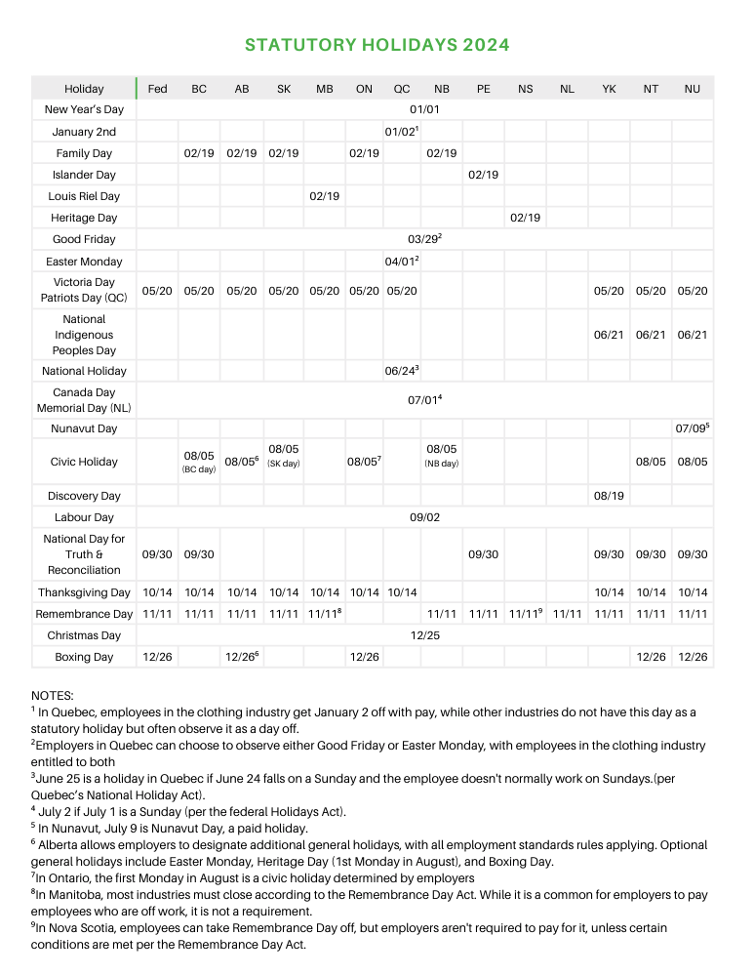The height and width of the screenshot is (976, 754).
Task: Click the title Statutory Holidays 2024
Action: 377,45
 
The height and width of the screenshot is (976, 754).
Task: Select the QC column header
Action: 401,89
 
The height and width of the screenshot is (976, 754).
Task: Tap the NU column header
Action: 693,89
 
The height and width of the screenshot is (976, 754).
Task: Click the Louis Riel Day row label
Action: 84,196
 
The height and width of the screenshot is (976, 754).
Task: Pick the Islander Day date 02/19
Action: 483,175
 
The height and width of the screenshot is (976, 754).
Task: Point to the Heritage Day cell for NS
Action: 525,218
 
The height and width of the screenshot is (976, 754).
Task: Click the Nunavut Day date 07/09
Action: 692,428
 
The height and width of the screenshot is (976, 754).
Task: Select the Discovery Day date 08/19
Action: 609,496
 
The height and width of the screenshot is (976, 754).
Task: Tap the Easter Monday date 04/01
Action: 401,262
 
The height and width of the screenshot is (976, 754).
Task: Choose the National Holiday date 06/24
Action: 401,371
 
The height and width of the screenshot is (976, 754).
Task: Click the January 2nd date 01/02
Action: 401,132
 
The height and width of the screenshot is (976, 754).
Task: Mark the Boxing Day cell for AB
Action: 242,657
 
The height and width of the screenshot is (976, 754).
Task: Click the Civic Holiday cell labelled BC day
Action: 199,462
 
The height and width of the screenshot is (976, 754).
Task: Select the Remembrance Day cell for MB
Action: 324,614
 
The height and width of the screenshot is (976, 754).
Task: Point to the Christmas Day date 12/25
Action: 425,635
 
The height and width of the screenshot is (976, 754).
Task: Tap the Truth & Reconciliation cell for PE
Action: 483,554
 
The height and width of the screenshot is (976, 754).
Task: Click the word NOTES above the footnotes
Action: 53,695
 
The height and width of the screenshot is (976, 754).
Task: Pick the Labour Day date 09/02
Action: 425,517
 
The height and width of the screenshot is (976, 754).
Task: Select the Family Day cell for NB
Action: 442,153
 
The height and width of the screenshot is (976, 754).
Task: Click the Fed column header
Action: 157,89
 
